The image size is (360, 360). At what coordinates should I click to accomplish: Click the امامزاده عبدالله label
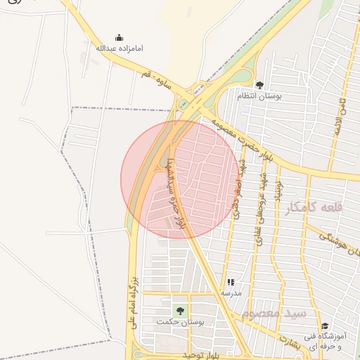click(x=119, y=49)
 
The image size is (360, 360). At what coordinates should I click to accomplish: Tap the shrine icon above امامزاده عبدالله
click(x=119, y=38)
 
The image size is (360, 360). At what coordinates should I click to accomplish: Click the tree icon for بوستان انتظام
click(x=259, y=85)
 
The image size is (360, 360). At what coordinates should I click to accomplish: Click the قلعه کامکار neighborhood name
click(x=314, y=207)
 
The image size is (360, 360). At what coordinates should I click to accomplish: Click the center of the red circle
click(x=180, y=179)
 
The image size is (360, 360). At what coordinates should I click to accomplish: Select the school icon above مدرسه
click(x=231, y=282)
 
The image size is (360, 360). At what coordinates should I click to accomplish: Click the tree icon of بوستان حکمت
click(x=180, y=310)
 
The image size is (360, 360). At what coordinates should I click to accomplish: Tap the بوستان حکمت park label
click(x=180, y=322)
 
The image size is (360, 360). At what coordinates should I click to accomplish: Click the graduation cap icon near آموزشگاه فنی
click(x=325, y=326)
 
